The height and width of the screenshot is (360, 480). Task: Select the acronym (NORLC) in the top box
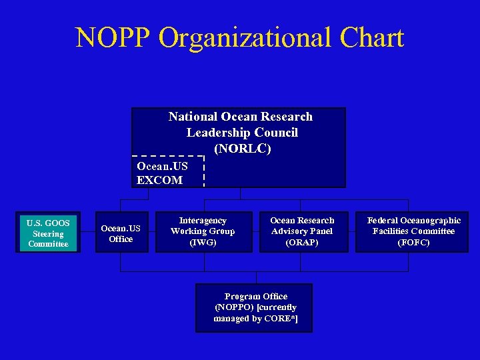point(243,149)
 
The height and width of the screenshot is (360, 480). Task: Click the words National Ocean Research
point(240,117)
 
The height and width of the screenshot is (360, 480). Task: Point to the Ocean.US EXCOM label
point(162,173)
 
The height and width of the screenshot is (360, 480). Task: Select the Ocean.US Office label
point(121,234)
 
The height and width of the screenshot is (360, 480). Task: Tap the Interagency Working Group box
point(203,231)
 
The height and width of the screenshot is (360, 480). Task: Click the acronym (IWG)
point(203,243)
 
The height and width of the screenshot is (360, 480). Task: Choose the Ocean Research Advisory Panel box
point(302,231)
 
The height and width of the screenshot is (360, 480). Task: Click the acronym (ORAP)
point(302,243)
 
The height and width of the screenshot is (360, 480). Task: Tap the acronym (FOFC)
point(413,243)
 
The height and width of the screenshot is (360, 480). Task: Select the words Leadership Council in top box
point(241,133)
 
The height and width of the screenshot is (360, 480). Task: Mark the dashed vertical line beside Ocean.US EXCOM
point(203,171)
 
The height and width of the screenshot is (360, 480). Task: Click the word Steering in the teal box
point(48,234)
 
